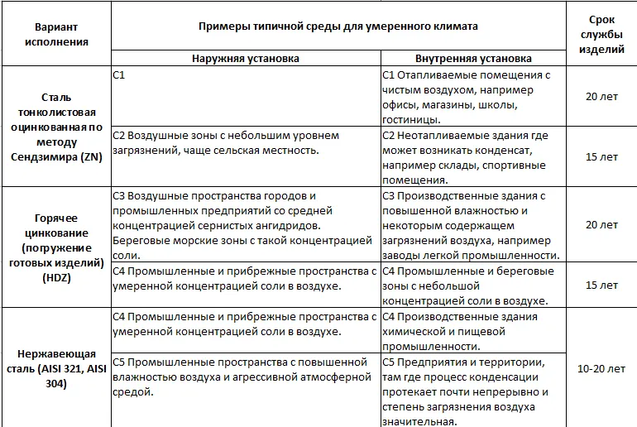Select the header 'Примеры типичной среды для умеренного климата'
coord(338,26)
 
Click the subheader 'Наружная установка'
coord(245,59)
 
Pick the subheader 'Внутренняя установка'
coord(473,59)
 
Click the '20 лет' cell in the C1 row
coord(601,96)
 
